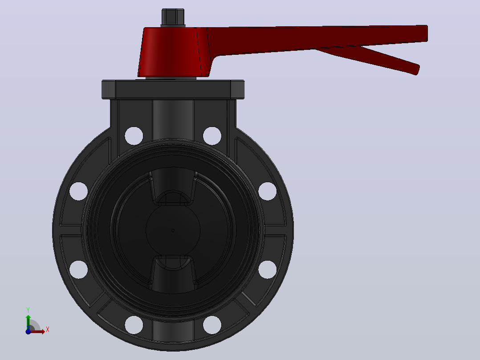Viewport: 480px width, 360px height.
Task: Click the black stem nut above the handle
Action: tap(173, 17)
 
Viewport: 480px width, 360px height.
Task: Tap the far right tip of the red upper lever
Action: tap(427, 33)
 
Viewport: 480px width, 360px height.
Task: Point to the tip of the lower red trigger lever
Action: tap(417, 70)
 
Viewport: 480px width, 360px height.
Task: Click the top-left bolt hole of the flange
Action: tap(134, 136)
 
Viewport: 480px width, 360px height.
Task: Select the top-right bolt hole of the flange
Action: tap(212, 136)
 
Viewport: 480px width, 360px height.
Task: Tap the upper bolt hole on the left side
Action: tap(79, 191)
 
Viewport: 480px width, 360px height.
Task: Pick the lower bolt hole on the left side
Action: tap(79, 270)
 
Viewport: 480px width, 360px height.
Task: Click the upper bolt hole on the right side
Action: tap(268, 191)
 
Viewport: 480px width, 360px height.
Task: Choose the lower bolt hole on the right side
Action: tap(268, 270)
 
